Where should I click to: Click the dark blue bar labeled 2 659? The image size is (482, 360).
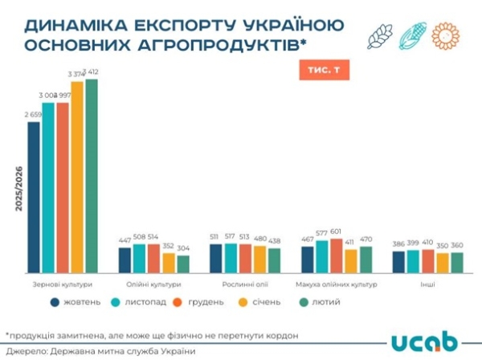34,197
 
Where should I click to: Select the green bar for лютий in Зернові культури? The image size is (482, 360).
92,176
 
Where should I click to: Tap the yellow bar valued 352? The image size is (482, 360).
168,263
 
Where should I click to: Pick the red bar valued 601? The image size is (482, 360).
337,256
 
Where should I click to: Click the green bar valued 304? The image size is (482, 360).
182,264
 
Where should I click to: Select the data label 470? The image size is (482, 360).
367,239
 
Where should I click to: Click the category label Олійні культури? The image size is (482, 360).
153,284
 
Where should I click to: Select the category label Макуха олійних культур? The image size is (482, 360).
337,284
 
